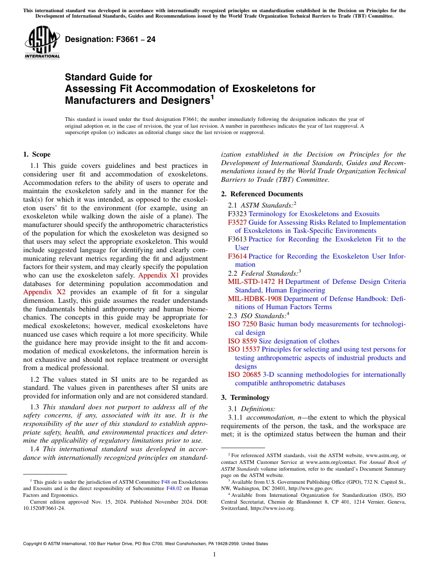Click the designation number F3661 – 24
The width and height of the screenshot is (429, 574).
pyautogui.click(x=110, y=40)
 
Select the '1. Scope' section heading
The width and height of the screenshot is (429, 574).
pyautogui.click(x=37, y=154)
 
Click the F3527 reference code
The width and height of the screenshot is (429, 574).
pyautogui.click(x=237, y=222)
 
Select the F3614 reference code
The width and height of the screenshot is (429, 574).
pyautogui.click(x=237, y=256)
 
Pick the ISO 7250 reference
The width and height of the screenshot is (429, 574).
pyautogui.click(x=242, y=324)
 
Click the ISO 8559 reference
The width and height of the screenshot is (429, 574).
pyautogui.click(x=242, y=341)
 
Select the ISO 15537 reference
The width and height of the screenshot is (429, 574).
pyautogui.click(x=244, y=349)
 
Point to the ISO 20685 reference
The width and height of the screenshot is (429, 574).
pyautogui.click(x=244, y=375)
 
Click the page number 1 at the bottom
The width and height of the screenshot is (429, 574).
pyautogui.click(x=214, y=554)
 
